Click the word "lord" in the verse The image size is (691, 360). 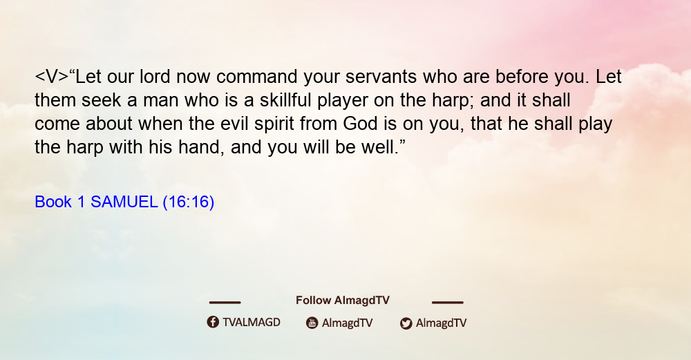pyautogui.click(x=155, y=77)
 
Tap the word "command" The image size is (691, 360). pyautogui.click(x=256, y=77)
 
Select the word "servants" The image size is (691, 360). pyautogui.click(x=381, y=77)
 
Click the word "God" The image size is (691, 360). pyautogui.click(x=361, y=124)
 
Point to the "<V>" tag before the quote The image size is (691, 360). pyautogui.click(x=52, y=77)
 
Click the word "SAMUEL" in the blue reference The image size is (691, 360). pyautogui.click(x=124, y=202)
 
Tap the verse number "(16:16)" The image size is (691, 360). pyautogui.click(x=189, y=202)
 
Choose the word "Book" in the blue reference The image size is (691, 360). pyautogui.click(x=53, y=202)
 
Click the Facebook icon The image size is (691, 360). pyautogui.click(x=213, y=322)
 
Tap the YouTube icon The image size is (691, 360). pyautogui.click(x=312, y=323)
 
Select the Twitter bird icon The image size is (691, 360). pyautogui.click(x=406, y=323)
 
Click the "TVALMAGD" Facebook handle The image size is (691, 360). pyautogui.click(x=252, y=322)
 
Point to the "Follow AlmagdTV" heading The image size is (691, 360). pyautogui.click(x=343, y=300)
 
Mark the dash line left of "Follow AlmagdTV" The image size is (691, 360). pyautogui.click(x=225, y=302)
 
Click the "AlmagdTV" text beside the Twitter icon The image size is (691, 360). pyautogui.click(x=441, y=323)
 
